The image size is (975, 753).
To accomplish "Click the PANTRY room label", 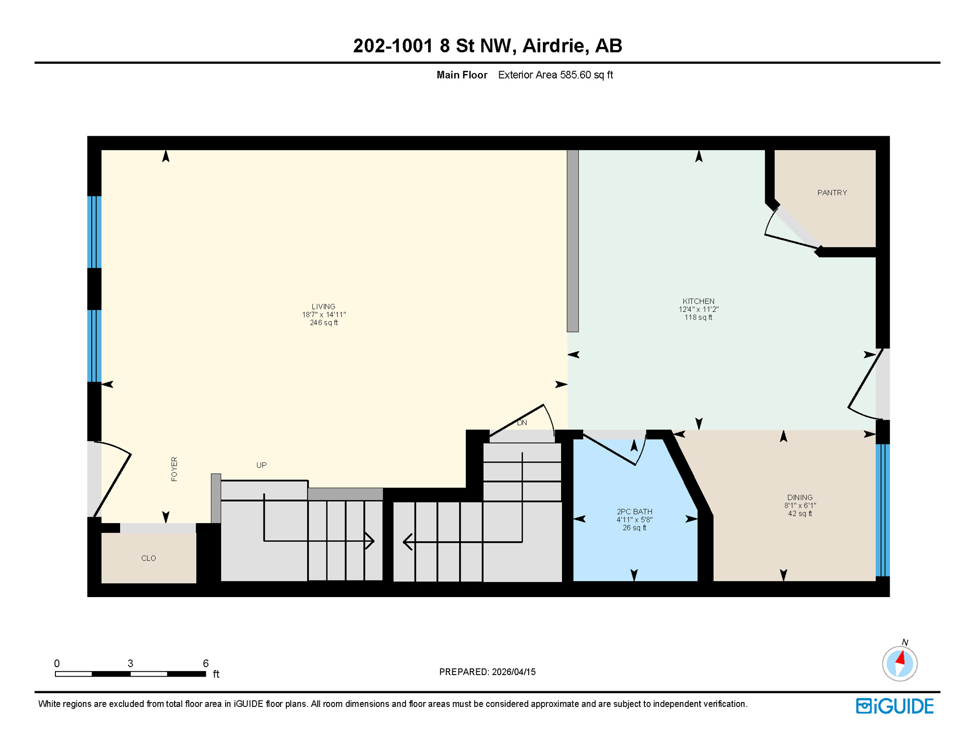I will (x=832, y=193).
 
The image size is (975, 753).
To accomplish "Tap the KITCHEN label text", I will (x=698, y=301).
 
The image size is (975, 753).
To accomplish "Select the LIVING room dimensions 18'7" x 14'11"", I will (x=324, y=315).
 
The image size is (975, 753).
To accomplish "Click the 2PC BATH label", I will (x=634, y=511).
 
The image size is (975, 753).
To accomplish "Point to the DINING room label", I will (x=799, y=497).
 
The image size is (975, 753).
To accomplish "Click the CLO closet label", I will (x=149, y=558).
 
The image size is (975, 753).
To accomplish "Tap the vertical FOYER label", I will (x=174, y=469).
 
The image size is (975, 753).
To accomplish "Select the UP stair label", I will (x=261, y=465).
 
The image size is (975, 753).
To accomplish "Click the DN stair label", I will (x=522, y=423).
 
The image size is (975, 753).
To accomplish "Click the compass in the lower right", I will (x=899, y=664).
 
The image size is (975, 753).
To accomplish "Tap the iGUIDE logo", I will (x=895, y=706).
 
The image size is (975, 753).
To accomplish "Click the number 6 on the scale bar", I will (x=205, y=663).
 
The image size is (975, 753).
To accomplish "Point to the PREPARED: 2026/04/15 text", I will (x=487, y=672).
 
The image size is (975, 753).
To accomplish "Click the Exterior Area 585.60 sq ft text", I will (x=555, y=75).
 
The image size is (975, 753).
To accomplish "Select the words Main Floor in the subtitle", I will (x=462, y=75).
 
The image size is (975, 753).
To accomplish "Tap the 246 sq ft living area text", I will (x=324, y=323).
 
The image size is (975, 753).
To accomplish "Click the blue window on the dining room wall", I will (x=882, y=510).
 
